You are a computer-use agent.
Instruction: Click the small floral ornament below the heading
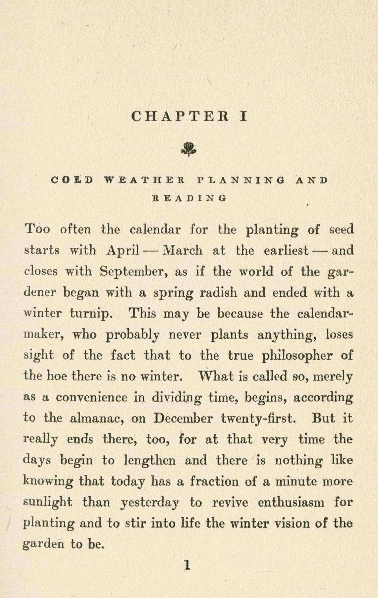[189, 149]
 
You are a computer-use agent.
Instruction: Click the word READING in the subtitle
[189, 198]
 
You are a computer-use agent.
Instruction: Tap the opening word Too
[37, 229]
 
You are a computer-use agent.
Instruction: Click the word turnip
[89, 314]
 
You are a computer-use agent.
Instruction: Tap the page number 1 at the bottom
[188, 565]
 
